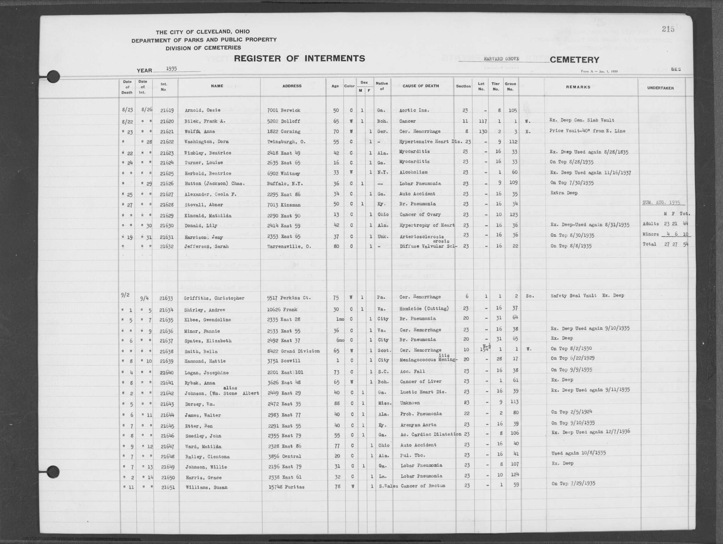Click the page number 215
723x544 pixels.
click(x=668, y=29)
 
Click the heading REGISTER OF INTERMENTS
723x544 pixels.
click(x=299, y=58)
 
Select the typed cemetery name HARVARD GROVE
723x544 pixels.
click(x=501, y=59)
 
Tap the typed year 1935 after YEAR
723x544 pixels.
click(x=171, y=69)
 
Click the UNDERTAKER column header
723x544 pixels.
click(x=660, y=88)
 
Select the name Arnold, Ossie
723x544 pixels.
click(x=202, y=110)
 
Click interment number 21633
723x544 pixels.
click(x=166, y=298)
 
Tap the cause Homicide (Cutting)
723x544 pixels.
click(x=424, y=308)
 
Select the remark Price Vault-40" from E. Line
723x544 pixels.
click(x=588, y=131)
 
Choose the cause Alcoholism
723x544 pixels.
click(x=413, y=172)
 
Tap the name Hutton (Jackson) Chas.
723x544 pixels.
click(x=214, y=183)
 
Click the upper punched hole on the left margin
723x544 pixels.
click(x=53, y=77)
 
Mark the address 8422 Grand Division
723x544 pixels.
click(x=293, y=351)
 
